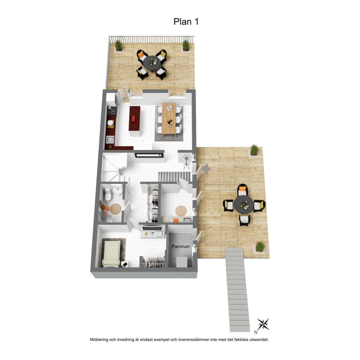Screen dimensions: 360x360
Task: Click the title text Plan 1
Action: pyautogui.click(x=186, y=21)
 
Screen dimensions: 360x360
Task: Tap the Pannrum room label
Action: pyautogui.click(x=181, y=246)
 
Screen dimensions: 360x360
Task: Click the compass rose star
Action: pyautogui.click(x=263, y=324)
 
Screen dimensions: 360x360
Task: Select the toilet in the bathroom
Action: pyautogui.click(x=108, y=194)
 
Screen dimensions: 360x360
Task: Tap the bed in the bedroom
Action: pyautogui.click(x=111, y=254)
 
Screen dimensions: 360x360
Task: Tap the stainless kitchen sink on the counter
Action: pyautogui.click(x=110, y=139)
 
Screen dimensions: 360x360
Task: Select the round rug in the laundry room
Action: pyautogui.click(x=181, y=211)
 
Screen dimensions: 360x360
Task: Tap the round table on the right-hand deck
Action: pyautogui.click(x=244, y=204)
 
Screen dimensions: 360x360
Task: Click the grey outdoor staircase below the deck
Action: pyautogui.click(x=238, y=290)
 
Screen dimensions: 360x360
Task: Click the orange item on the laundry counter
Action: pyautogui.click(x=176, y=220)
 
